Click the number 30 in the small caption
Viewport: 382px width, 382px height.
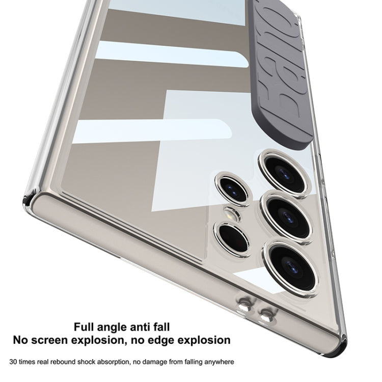click(19, 362)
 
